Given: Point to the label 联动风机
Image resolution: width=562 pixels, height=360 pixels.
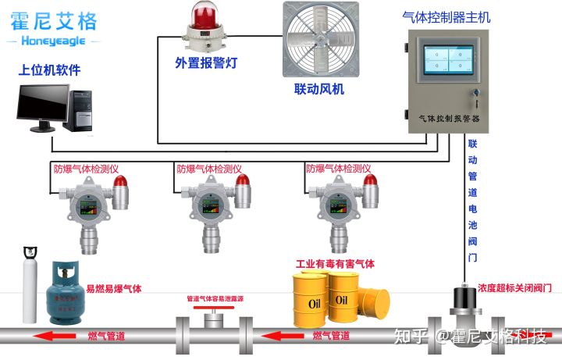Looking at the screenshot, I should (x=319, y=89).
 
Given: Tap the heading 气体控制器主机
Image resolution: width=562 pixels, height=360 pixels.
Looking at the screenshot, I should (x=451, y=16).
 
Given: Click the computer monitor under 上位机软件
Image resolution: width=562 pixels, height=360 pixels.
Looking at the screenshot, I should (x=42, y=108).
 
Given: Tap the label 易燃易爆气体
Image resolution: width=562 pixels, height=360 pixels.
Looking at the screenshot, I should (x=114, y=289).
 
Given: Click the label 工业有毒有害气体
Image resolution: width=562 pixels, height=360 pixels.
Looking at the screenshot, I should (x=335, y=264).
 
